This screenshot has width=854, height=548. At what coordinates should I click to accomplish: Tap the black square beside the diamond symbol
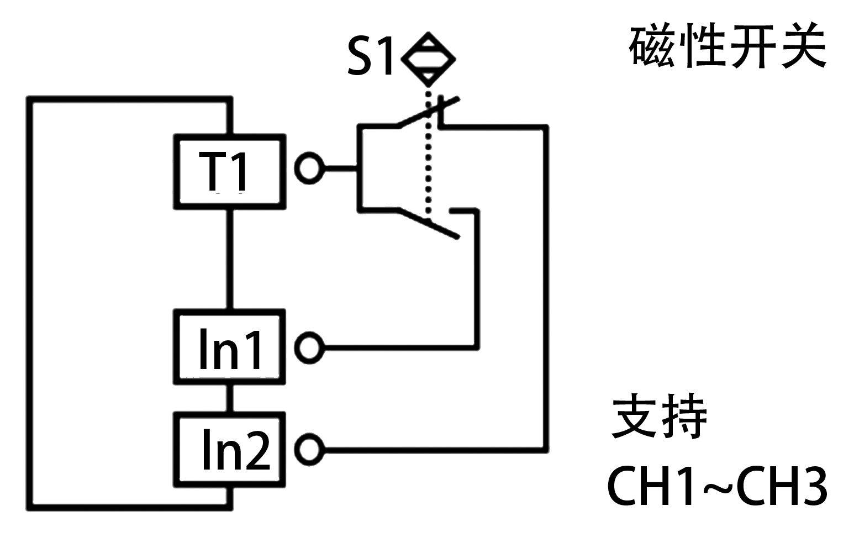click(369, 55)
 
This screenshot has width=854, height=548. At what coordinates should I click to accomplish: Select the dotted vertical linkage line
click(428, 166)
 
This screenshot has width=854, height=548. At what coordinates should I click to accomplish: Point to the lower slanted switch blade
click(428, 224)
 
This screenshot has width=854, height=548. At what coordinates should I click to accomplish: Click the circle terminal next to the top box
click(309, 168)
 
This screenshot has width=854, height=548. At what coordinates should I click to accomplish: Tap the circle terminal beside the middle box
click(309, 347)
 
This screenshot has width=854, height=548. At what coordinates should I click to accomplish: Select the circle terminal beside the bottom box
click(309, 450)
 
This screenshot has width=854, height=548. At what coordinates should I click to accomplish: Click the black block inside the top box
click(223, 171)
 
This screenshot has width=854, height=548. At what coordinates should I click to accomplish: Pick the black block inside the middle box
click(230, 348)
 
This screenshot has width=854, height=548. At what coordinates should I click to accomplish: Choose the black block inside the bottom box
click(236, 449)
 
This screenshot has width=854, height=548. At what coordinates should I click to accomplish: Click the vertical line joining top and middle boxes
click(230, 259)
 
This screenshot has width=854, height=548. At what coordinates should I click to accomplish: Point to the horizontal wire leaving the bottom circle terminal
click(431, 450)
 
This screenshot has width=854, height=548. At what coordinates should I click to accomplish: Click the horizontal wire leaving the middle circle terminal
click(398, 347)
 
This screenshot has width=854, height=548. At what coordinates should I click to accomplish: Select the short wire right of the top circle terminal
click(341, 168)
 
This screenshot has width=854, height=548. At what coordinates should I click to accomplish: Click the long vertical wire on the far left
click(30, 304)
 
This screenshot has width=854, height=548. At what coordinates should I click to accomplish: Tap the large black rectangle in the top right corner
click(727, 45)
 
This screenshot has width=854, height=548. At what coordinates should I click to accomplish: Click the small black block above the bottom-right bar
click(658, 416)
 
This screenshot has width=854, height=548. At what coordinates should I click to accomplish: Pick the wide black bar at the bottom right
click(718, 486)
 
